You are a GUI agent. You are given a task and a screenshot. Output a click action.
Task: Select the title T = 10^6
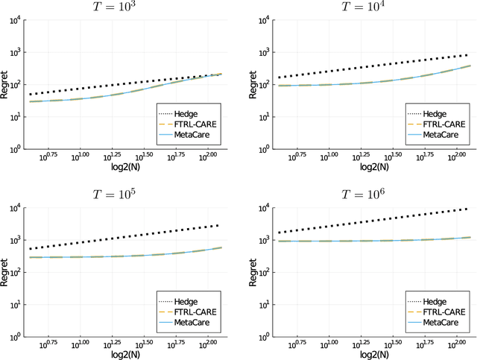click(366, 195)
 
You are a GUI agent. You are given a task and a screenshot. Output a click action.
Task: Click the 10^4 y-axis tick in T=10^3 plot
click(13, 20)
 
